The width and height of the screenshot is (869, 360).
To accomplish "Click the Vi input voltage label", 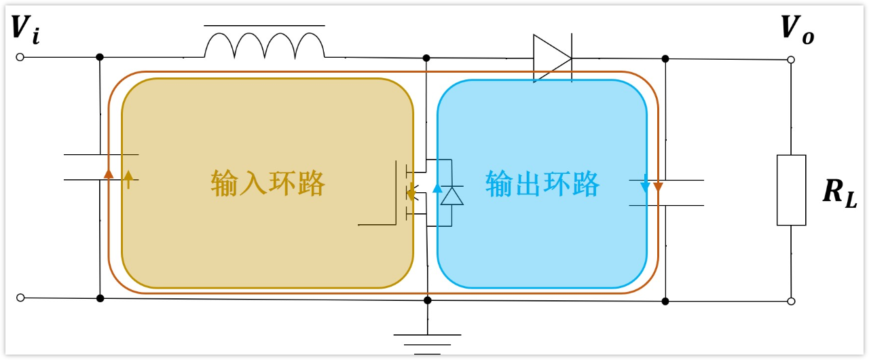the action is (x=26, y=29).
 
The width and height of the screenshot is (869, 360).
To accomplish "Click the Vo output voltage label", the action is (x=797, y=29).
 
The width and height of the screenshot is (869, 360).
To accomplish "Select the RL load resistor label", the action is (x=840, y=194).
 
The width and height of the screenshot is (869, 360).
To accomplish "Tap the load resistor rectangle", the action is (x=792, y=190).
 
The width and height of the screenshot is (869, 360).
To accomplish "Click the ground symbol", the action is (x=428, y=344).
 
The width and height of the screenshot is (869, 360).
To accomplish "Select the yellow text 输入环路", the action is (x=267, y=183).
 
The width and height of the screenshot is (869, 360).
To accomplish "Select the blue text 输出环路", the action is (x=542, y=184).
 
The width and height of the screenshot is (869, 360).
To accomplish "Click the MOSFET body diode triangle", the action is (x=452, y=196).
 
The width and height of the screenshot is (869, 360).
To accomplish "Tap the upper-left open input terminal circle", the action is (x=20, y=58).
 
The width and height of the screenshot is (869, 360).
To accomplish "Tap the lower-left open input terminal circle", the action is (x=20, y=298).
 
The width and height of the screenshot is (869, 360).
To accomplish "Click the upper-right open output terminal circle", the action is (x=791, y=60).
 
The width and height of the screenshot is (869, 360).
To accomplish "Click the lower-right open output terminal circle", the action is (x=792, y=302).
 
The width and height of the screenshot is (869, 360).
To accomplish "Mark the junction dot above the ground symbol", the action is (x=428, y=300).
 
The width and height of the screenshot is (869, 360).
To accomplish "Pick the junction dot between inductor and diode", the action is (x=426, y=58).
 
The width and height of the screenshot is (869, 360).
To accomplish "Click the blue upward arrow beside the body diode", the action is (x=438, y=188).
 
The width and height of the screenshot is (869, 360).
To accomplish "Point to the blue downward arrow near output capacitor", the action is (x=645, y=184).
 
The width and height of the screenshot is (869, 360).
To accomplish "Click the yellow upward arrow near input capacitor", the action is (x=128, y=179).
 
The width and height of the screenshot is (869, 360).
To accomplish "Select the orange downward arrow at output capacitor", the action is (x=658, y=187).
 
